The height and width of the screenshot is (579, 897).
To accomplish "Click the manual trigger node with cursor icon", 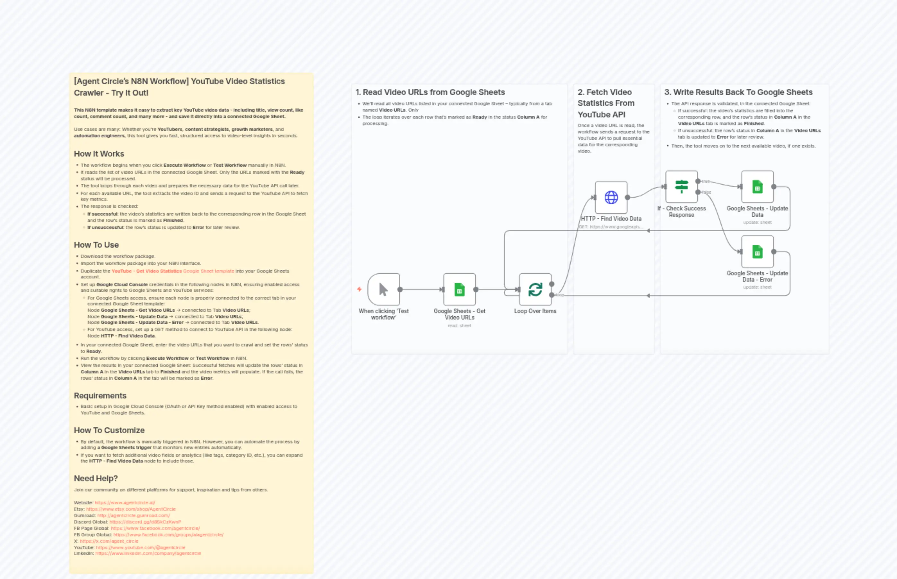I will pos(383,289).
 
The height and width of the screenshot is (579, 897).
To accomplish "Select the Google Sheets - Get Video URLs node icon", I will pos(459,289).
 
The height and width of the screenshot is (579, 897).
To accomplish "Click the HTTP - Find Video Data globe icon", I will pos(611,197).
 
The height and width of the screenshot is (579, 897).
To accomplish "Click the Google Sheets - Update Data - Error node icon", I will pos(757,251).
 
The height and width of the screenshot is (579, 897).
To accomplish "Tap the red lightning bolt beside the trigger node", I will pos(359,289).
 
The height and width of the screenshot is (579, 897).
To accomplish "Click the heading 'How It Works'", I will pos(99,154).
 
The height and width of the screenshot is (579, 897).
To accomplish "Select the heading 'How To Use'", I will pos(96,245).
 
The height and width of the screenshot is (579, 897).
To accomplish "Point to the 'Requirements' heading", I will pos(100,396).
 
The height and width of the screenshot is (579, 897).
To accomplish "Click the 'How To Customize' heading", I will pos(109,430).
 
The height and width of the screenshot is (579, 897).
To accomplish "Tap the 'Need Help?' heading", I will pos(96,478).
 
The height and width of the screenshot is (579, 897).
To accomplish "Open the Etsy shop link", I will pos(131,509).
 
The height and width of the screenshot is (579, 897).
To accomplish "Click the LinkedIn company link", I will pos(148,553).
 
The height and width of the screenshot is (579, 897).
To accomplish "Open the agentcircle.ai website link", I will pos(125,503).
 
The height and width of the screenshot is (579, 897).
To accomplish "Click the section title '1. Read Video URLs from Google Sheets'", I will pos(430,92).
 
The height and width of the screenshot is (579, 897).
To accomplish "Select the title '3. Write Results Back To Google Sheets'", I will pos(738,92).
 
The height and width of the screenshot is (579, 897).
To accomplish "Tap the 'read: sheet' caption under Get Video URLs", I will pos(459,326).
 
